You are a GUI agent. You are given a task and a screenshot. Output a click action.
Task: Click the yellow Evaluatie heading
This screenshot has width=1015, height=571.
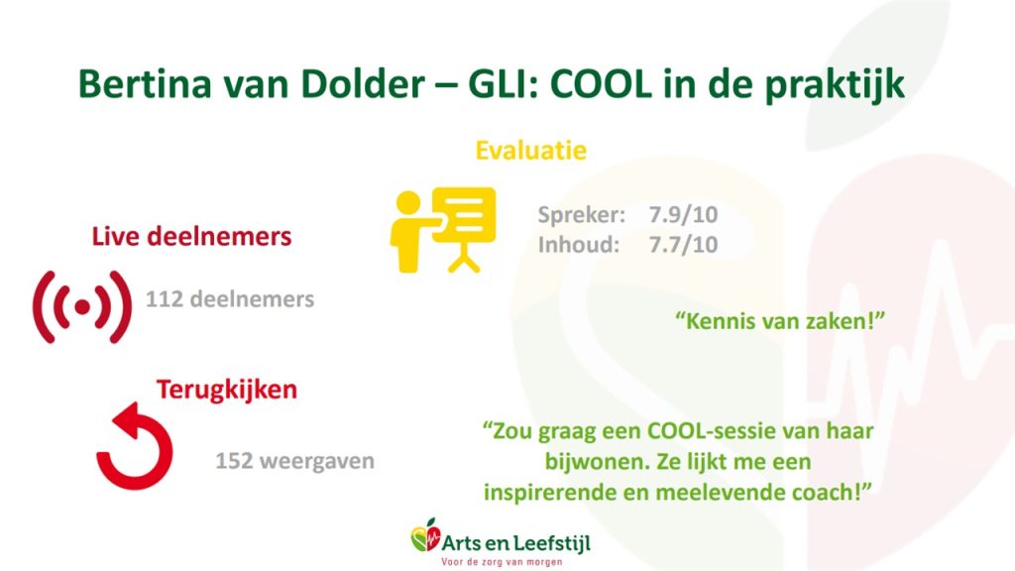pos(531,151)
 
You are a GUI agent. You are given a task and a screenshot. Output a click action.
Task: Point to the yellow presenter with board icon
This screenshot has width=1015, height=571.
pos(443,230)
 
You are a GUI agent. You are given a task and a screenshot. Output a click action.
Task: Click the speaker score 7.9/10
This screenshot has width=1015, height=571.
pos(684,214)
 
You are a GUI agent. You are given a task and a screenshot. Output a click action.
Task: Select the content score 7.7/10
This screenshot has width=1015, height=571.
pos(684,245)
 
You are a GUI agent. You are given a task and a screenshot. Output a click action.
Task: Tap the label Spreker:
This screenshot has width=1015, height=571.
pos(581,215)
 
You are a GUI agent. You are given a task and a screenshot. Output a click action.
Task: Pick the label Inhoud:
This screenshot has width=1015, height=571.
pos(579,245)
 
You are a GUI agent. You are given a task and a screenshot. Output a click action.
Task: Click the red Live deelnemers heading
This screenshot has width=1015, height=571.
pos(191,236)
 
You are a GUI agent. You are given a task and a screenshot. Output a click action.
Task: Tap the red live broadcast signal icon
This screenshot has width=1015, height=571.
pos(82,307)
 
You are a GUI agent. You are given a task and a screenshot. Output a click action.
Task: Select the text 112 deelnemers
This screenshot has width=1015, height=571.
pos(230,299)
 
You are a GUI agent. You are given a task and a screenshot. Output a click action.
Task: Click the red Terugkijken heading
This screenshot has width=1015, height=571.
pos(227,390)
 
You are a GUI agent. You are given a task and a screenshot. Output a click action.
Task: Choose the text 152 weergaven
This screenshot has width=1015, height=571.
pos(294,461)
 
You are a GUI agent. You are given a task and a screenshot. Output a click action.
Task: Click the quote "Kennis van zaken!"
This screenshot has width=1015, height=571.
pos(780,320)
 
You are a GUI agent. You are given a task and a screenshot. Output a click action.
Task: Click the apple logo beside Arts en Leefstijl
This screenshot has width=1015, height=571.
pos(424,536)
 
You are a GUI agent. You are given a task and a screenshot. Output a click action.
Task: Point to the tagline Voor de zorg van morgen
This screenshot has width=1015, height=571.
pos(502,562)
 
